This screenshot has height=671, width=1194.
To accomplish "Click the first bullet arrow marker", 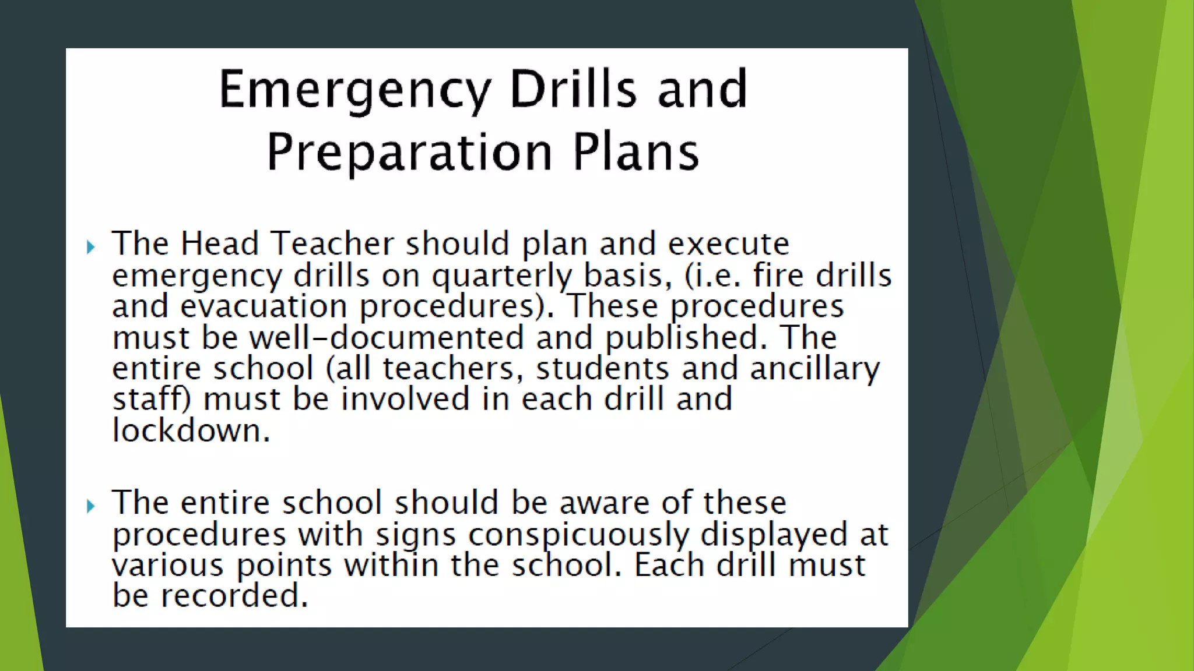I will point(90,247).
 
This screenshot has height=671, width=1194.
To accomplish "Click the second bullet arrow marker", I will point(90,506).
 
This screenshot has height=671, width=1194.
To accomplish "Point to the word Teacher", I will point(332,243).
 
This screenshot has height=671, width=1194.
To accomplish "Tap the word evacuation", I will point(264,306).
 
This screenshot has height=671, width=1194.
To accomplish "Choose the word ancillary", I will point(814,369).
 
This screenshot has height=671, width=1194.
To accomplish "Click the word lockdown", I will point(191,431).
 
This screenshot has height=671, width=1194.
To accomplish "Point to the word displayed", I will point(774,535).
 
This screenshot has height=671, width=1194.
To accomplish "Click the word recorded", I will point(234,596).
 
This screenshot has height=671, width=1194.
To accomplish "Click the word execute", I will point(729,243).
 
